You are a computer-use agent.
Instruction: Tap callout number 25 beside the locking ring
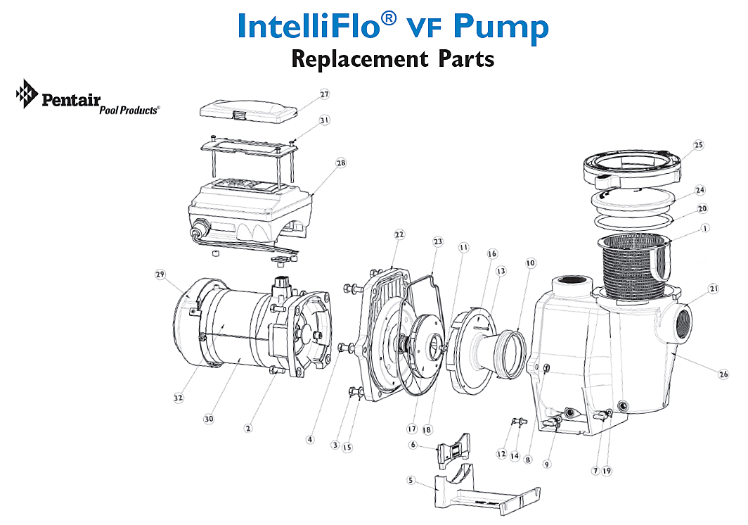pos(697,146)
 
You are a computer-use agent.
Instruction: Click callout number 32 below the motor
pos(179,398)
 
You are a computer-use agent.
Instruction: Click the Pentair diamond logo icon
pos(26,94)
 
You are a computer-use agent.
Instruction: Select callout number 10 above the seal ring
pos(530,263)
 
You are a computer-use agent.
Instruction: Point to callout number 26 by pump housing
pos(723,374)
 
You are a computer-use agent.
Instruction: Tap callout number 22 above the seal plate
pos(399,234)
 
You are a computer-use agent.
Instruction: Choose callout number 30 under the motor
pos(208,419)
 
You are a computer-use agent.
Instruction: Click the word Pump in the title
pos(501,26)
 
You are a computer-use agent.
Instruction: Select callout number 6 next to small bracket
pos(413,445)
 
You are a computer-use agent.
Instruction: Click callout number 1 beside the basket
pos(704,228)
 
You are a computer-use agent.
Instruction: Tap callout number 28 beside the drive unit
pos(340,163)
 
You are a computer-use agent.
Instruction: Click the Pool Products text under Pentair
pos(129,110)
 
